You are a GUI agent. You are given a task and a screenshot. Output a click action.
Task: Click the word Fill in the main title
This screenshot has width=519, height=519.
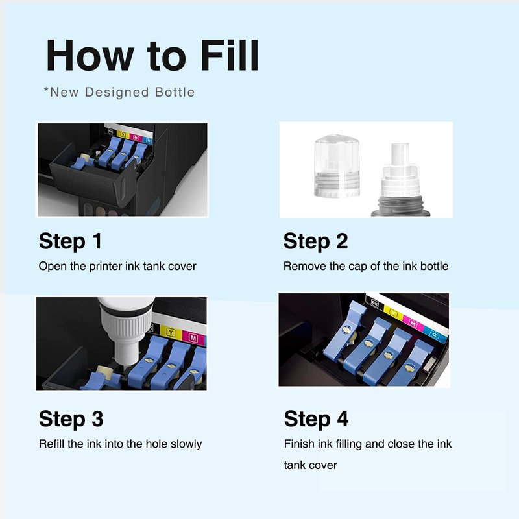pos(230,55)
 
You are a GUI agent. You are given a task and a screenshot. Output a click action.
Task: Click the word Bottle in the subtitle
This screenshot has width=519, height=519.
pos(175,92)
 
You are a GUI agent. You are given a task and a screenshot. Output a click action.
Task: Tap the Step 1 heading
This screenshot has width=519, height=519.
pos(70,241)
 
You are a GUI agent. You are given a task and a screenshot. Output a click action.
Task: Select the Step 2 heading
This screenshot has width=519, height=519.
pos(316,241)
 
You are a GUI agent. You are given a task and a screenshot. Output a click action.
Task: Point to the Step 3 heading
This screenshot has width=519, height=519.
pos(71,418)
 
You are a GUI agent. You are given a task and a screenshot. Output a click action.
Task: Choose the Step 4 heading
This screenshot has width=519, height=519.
pos(317,418)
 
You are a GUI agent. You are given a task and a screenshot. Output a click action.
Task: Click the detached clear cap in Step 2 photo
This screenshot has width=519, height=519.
pos(337,165)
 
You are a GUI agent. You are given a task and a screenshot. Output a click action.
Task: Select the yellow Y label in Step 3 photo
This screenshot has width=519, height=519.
pos(171,332)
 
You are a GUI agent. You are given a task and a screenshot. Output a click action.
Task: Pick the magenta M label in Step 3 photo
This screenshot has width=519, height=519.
pos(193,337)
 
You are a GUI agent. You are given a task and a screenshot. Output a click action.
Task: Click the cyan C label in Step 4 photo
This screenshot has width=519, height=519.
pos(434,335)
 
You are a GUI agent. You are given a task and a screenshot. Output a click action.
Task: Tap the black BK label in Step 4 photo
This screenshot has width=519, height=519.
pos(374,303)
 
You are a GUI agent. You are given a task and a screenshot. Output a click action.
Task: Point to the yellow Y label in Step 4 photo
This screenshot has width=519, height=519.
pos(393,313)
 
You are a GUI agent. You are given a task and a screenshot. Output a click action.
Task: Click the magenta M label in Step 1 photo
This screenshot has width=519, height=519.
pos(136,137)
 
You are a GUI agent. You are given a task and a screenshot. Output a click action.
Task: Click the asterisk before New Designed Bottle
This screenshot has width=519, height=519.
pos(46,90)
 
